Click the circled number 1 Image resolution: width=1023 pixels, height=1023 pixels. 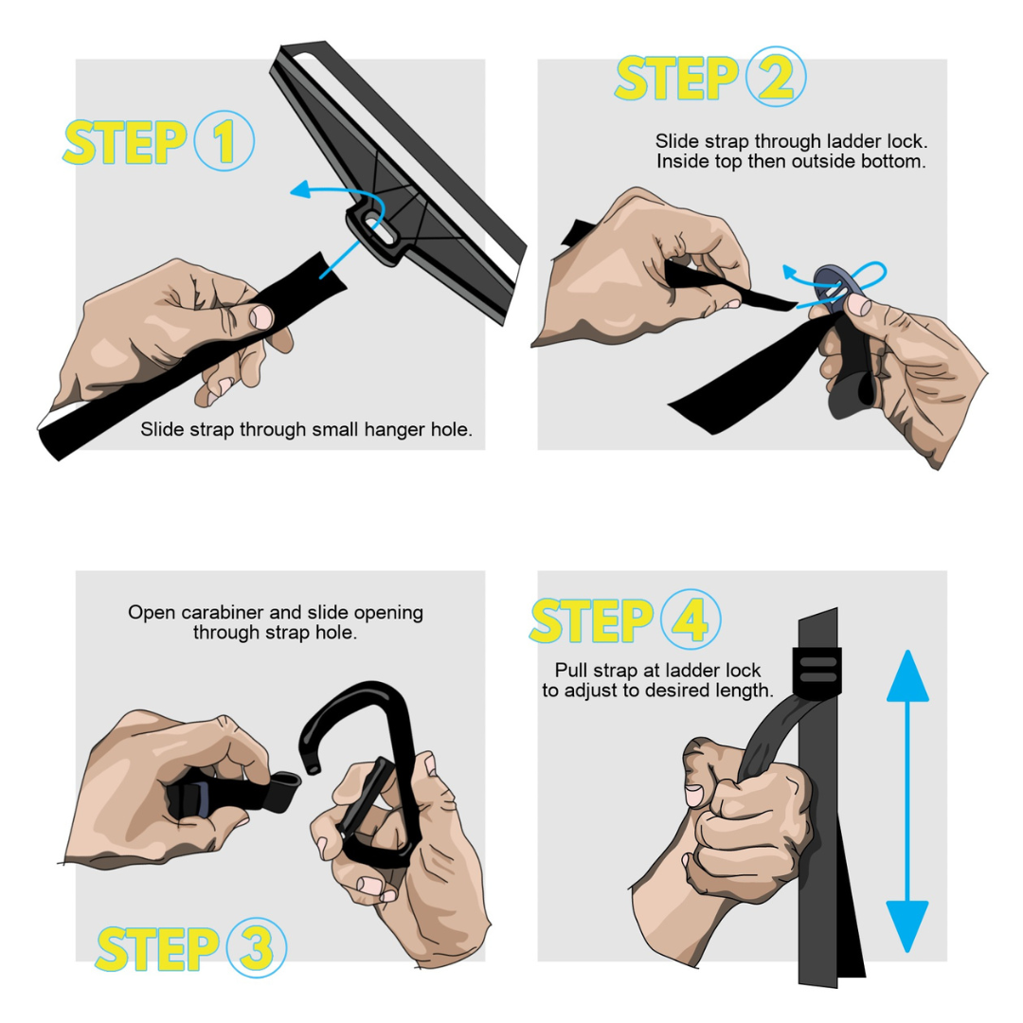(x=224, y=141)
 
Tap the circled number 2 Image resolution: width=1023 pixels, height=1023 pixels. (x=776, y=77)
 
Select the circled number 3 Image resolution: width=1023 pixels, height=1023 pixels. (x=257, y=947)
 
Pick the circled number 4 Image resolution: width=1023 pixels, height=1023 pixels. (x=691, y=619)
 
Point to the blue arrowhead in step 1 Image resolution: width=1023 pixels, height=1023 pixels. (x=300, y=189)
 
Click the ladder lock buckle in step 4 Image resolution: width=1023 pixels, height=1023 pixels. (x=817, y=671)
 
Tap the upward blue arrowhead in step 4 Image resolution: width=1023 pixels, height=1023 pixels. (x=906, y=676)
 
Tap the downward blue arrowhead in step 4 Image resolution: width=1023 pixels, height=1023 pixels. (x=906, y=926)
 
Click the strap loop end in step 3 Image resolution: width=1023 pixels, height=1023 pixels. (x=285, y=790)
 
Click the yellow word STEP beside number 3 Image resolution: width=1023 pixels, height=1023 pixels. (x=157, y=948)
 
